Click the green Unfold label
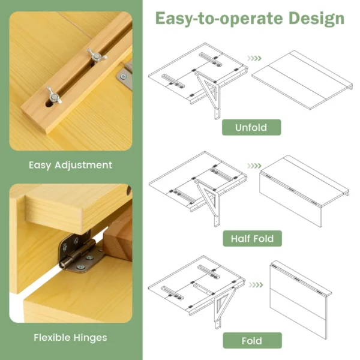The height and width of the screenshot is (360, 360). (x=251, y=128)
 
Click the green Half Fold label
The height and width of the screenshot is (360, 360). (x=251, y=239)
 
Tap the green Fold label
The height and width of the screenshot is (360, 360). (x=251, y=341)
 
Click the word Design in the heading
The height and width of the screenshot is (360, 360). (x=316, y=18)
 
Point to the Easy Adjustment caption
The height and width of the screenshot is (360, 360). (x=70, y=164)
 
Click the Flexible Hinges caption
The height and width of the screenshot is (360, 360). (x=70, y=338)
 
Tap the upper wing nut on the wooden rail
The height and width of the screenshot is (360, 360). (x=96, y=55)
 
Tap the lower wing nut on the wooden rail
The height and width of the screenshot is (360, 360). (x=53, y=94)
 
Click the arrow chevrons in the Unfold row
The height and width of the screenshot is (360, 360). (x=255, y=59)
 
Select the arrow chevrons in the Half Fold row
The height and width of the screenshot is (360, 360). (x=255, y=166)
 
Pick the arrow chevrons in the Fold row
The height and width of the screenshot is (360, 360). (x=255, y=268)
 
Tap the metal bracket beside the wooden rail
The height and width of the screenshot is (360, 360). (x=125, y=74)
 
